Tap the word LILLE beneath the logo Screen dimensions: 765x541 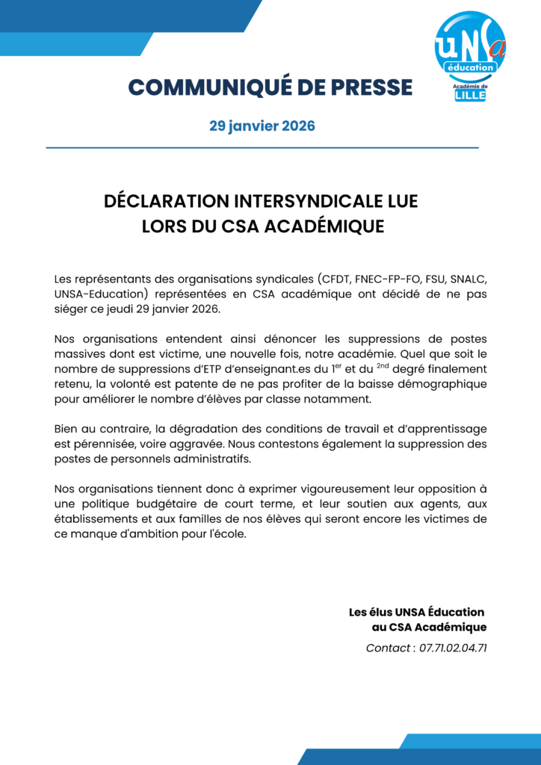470,96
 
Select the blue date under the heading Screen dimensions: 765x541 262,126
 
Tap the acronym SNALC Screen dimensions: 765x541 470,279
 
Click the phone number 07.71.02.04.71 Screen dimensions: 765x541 454,648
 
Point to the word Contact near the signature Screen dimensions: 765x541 387,648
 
